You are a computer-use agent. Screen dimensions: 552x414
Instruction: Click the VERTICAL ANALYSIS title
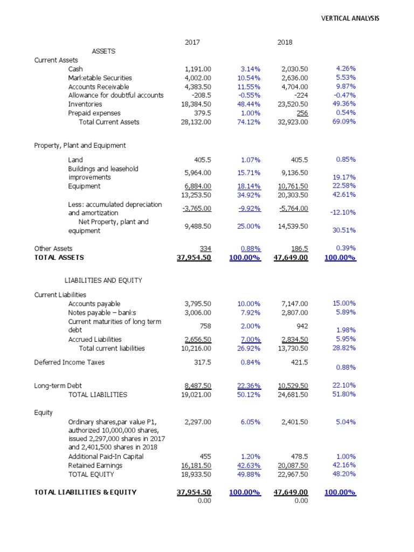[350, 18]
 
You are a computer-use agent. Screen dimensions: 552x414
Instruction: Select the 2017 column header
[192, 42]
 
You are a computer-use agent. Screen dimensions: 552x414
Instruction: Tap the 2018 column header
[285, 42]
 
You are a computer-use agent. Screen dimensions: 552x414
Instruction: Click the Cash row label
[75, 69]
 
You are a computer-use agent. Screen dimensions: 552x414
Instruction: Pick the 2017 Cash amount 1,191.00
[198, 69]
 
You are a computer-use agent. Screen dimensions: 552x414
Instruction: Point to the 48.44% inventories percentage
[249, 104]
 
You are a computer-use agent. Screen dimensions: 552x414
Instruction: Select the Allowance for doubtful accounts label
[115, 95]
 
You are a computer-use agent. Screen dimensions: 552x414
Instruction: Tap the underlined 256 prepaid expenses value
[302, 113]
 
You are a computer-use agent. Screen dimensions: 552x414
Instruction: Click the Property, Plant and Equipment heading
[80, 146]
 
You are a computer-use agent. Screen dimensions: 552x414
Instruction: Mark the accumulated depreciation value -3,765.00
[197, 209]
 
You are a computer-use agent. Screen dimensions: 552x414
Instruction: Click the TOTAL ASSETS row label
[59, 258]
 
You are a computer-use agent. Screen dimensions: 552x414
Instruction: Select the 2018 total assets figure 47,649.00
[291, 258]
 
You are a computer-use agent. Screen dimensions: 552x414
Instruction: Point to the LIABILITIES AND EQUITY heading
[103, 280]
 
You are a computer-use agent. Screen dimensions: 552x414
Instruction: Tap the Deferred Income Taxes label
[70, 362]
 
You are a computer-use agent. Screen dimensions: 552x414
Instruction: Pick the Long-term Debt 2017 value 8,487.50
[198, 385]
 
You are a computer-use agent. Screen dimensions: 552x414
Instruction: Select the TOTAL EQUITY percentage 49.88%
[249, 474]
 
